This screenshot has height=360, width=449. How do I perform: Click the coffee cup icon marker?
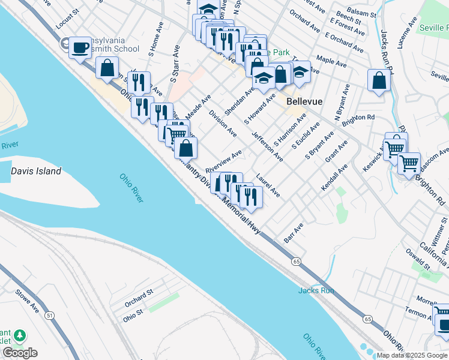[x=80, y=47]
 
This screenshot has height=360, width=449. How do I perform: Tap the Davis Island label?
[x=36, y=172]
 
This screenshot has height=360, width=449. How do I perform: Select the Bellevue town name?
[x=305, y=101]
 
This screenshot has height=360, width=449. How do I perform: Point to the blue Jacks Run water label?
[x=316, y=290]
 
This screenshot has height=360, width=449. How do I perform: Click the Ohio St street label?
[x=133, y=313]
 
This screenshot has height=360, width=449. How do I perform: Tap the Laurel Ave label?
[x=268, y=185]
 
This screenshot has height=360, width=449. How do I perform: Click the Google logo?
[x=20, y=353]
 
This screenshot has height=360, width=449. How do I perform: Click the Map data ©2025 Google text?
[x=412, y=355]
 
